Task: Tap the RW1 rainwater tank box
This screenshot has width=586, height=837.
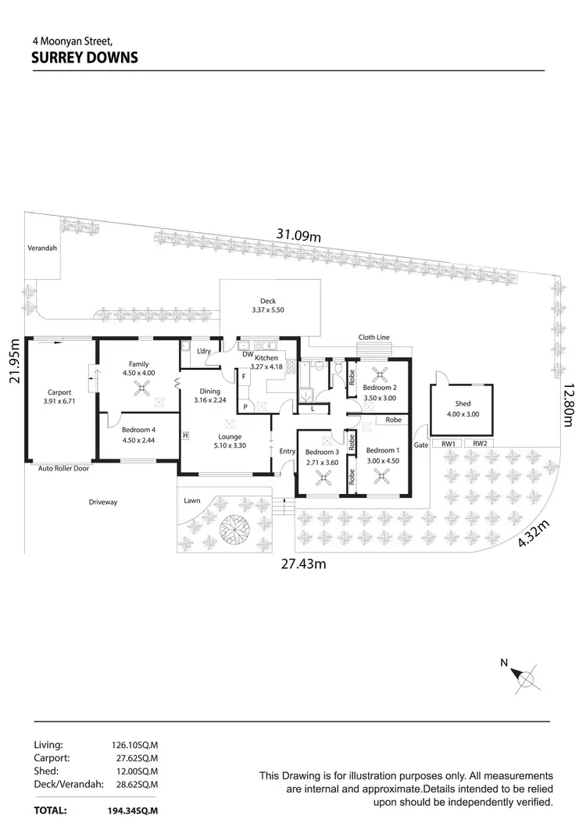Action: click(x=448, y=444)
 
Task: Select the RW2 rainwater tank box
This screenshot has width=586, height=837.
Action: click(x=480, y=444)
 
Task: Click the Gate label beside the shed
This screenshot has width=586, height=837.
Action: click(x=420, y=445)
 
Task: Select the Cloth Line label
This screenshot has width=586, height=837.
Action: click(x=373, y=338)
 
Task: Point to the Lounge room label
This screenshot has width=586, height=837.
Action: click(x=230, y=437)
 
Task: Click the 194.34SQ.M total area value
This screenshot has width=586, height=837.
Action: click(x=134, y=811)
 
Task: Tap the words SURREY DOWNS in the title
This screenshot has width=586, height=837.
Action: click(x=84, y=58)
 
